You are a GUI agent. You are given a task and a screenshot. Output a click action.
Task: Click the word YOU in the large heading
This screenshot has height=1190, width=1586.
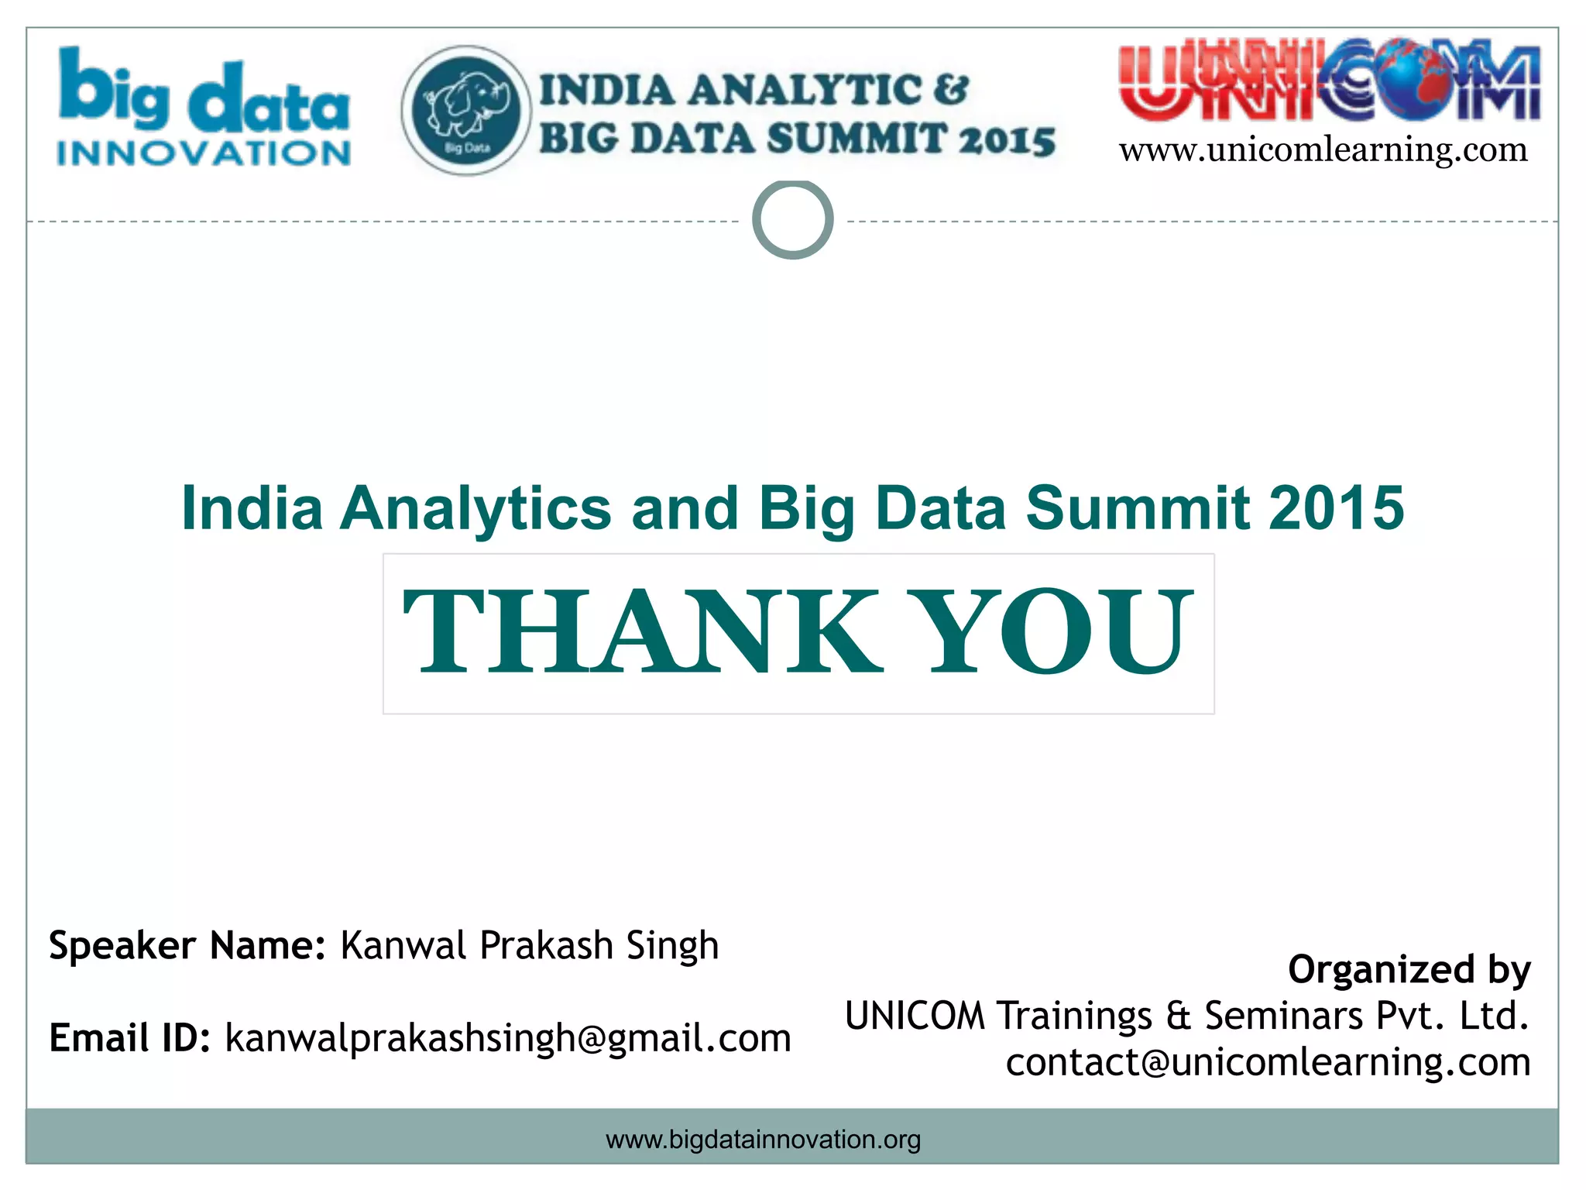(1058, 631)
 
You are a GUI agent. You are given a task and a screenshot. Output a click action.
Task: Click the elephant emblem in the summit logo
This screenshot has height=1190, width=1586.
(466, 110)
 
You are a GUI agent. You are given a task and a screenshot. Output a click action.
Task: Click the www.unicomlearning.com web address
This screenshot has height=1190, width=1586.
(1323, 150)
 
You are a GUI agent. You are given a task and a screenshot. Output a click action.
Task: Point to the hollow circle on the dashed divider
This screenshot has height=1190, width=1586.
(792, 219)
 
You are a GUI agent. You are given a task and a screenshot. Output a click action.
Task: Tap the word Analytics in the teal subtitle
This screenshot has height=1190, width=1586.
(475, 510)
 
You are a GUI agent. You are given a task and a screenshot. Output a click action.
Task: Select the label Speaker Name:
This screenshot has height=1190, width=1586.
(187, 946)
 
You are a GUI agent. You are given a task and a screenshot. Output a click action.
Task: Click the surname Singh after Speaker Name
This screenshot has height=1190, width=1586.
(672, 946)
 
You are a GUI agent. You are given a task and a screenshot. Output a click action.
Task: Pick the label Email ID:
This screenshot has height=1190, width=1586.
(129, 1038)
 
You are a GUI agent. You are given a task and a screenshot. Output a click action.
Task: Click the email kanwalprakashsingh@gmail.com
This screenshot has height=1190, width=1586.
(508, 1039)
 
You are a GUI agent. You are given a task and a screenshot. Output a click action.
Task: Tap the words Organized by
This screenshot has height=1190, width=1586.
(1409, 970)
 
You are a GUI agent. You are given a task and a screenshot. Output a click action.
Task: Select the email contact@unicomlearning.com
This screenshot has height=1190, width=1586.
(1268, 1062)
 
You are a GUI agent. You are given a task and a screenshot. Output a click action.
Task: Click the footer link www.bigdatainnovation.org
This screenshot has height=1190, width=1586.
(763, 1140)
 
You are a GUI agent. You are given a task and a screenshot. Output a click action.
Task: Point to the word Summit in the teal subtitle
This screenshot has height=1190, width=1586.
(1137, 508)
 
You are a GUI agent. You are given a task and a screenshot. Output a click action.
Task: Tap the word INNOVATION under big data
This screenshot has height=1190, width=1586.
(204, 153)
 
